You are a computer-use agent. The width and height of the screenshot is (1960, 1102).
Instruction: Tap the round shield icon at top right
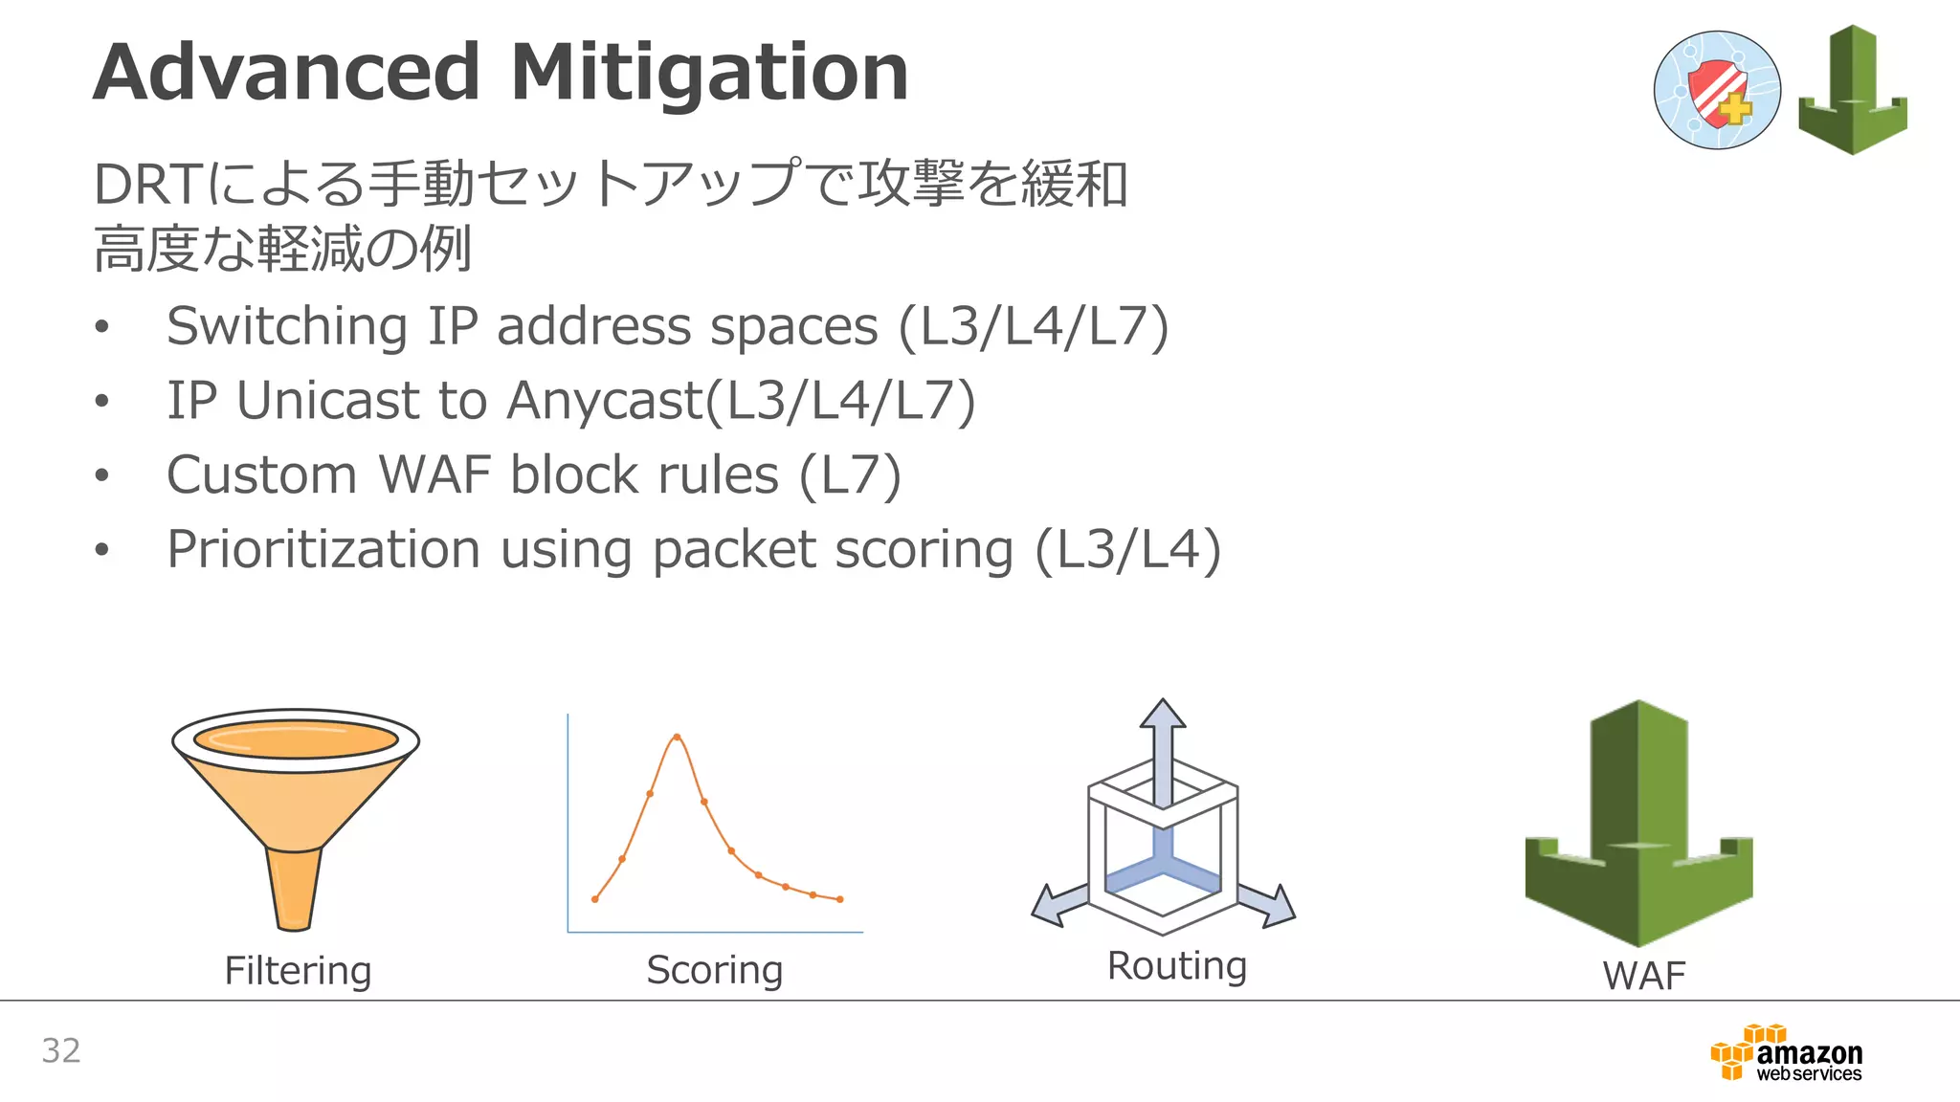coord(1717,90)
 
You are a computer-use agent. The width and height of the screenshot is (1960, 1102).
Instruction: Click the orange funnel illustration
coord(296,804)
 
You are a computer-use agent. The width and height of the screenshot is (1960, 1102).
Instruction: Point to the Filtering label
coord(298,970)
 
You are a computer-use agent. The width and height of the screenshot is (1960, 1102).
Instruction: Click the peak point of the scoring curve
coord(677,737)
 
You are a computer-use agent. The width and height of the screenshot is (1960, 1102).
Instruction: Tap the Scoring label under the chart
coord(715,970)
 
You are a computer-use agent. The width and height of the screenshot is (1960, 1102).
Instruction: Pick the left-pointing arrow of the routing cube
coord(1058,904)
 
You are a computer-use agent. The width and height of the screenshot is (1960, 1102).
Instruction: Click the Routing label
coord(1177,966)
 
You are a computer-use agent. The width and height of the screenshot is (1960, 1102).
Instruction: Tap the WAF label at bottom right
coord(1643,976)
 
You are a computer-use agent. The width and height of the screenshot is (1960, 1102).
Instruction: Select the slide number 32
coord(61,1050)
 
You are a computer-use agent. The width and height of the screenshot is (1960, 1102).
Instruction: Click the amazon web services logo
coord(1788,1053)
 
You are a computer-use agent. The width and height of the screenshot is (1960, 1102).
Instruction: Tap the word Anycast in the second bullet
coord(605,400)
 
